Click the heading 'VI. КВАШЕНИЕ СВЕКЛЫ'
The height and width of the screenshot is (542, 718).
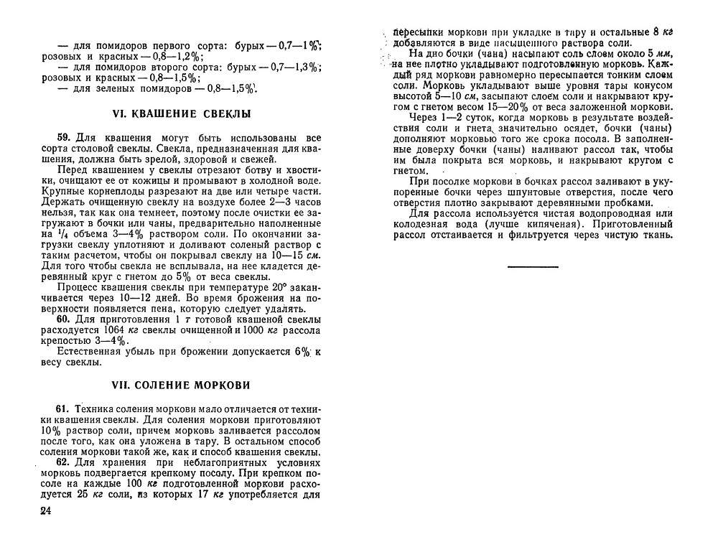pos(182,114)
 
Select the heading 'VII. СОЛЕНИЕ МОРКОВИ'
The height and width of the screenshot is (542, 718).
pos(182,385)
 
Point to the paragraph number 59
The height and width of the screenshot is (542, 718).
pos(63,138)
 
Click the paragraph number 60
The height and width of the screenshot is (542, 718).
pos(63,319)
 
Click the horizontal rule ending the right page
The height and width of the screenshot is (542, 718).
pos(532,266)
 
